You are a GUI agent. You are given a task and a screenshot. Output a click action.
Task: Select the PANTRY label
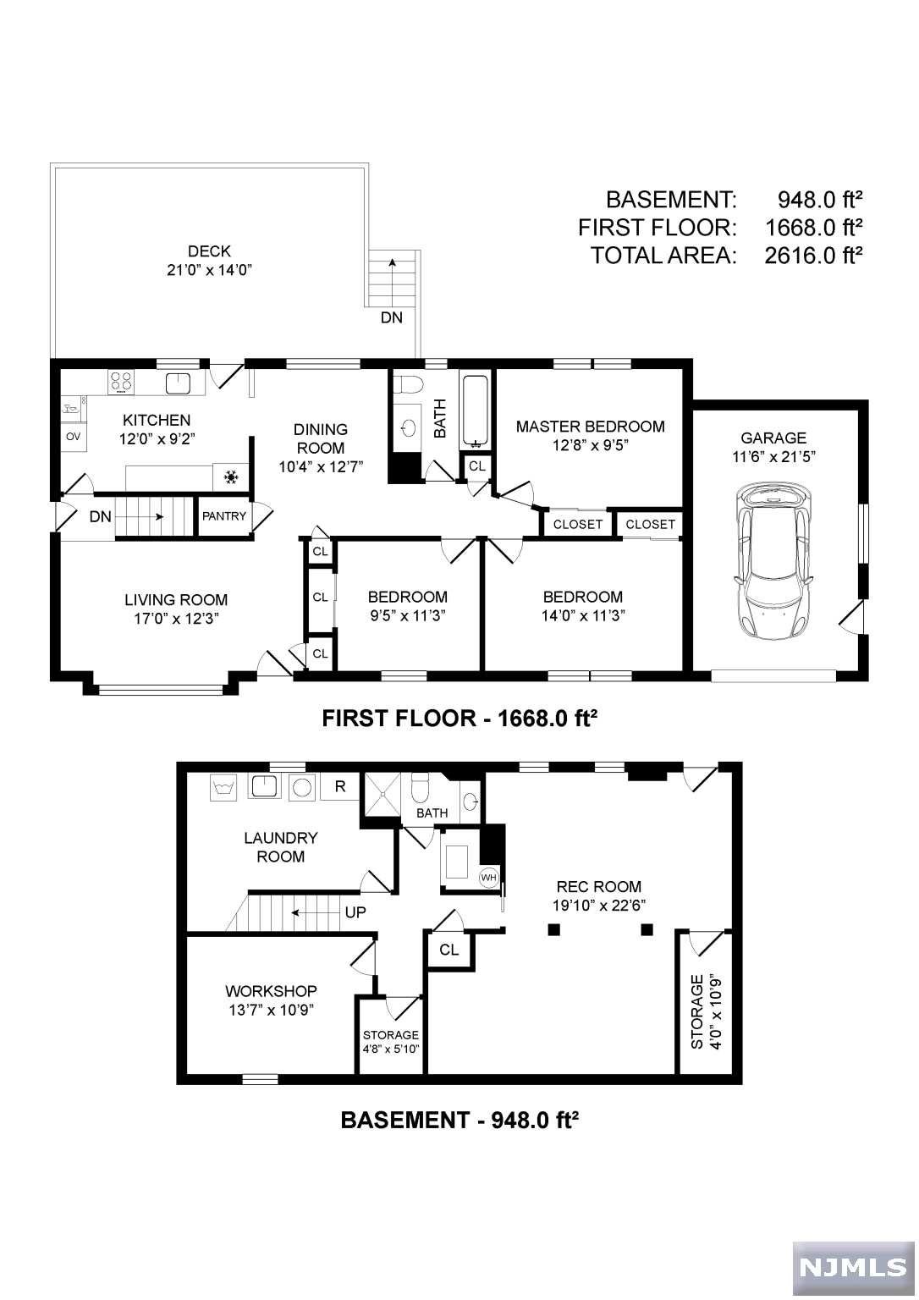coord(224,516)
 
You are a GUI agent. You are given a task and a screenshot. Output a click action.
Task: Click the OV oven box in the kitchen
coord(73,437)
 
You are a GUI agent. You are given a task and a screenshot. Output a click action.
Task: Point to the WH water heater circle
coord(488,877)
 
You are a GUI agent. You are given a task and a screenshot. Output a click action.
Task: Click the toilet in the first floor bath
coord(407,383)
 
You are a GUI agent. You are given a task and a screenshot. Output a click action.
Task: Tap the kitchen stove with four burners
coord(121,382)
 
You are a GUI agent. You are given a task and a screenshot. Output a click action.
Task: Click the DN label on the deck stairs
coord(391,317)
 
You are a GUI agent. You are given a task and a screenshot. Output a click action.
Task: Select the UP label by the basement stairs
coord(355,912)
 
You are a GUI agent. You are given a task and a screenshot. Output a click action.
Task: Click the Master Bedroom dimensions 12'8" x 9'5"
coord(590,445)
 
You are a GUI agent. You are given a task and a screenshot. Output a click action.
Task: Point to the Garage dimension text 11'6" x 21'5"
coord(773,456)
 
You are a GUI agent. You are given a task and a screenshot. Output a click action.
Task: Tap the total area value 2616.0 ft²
coord(813,256)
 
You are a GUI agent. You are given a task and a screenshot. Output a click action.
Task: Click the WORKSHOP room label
coord(271,991)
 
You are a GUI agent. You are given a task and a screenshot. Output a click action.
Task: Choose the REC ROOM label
coord(599,886)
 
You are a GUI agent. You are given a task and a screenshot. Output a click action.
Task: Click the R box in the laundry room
coord(340,785)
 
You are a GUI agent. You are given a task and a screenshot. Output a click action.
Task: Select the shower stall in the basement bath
coord(380,793)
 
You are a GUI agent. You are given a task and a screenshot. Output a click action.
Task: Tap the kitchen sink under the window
coord(178,383)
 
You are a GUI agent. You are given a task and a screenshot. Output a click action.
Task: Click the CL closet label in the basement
coord(449,950)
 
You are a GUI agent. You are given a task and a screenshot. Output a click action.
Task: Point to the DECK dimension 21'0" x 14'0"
coord(210,270)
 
